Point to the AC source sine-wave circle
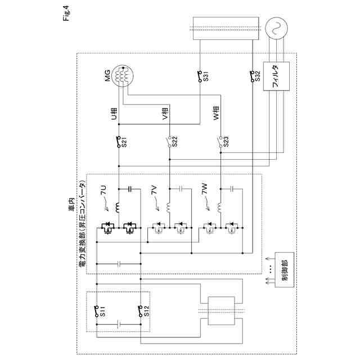coord(277,28)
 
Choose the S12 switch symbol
coord(139,309)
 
